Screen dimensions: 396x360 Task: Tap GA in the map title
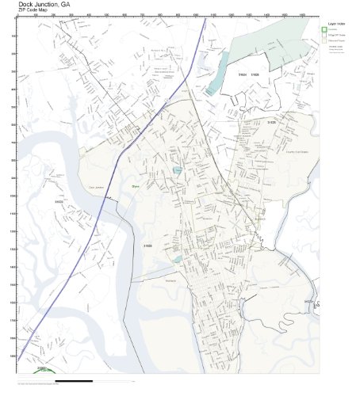tap(66, 4)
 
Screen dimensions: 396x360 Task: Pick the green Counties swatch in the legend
tap(324, 30)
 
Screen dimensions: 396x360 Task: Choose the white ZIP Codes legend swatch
tap(324, 36)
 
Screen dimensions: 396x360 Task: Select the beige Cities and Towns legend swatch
tap(324, 41)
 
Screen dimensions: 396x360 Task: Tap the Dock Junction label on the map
tap(96, 188)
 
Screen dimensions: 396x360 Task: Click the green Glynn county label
tap(136, 186)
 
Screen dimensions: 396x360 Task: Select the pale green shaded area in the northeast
tap(270, 36)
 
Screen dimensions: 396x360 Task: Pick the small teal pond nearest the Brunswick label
tap(183, 259)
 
